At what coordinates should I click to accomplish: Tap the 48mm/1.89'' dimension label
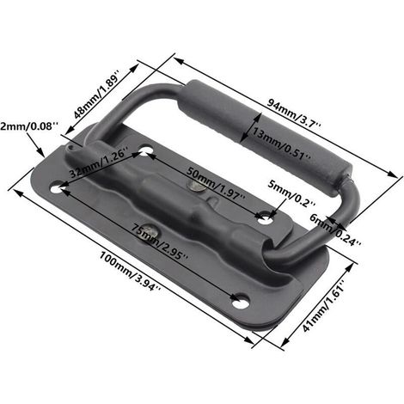pos(96,97)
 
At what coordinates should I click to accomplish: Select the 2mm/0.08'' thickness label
pos(29,126)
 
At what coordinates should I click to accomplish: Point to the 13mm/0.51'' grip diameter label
pos(281,144)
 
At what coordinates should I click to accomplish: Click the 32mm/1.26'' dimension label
pos(98,162)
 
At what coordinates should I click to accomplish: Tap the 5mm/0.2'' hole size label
pos(291,194)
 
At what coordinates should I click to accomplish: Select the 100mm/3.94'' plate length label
pos(131,271)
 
